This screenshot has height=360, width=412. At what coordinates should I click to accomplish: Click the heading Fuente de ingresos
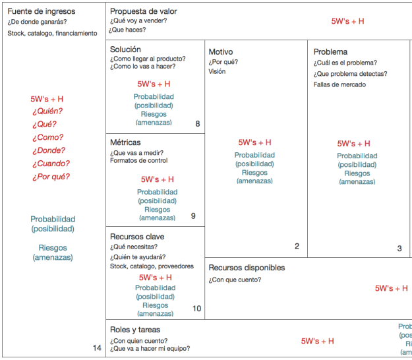pos(42,11)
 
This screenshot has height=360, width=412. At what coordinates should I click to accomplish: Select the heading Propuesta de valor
pos(143,11)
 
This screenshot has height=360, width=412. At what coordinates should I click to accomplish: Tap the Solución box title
pos(125,49)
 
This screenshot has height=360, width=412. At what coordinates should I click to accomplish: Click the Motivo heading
pos(220,52)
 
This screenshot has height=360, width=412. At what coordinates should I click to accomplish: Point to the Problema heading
pos(330,52)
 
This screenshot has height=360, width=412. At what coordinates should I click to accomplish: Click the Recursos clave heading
pos(137,237)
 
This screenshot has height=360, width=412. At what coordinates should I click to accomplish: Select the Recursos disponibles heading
pos(247,268)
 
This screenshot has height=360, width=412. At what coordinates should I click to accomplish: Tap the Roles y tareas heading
pos(134,330)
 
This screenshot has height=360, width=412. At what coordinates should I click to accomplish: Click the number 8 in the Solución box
pos(197,124)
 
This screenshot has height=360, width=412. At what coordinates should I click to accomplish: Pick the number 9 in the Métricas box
pos(193,216)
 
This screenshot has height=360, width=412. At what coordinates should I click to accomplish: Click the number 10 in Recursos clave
pos(196,309)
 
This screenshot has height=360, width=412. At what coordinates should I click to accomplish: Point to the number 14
pos(97,348)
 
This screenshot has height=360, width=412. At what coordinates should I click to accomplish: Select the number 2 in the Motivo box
pos(297,247)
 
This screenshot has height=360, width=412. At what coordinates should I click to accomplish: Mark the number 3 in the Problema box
pos(399,249)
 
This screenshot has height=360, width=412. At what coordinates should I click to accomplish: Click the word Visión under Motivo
pos(217,72)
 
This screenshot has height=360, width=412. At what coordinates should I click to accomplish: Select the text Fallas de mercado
pos(339,84)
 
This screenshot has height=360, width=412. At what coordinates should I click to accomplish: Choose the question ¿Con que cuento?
pos(235,280)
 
